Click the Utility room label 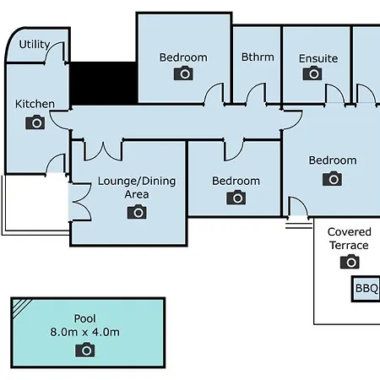coord(35,44)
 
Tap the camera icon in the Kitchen coord(35,122)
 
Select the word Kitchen coord(35,104)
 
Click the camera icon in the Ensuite coord(312,73)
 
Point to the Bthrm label coord(258,57)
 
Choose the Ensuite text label coord(318,58)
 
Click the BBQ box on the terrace coord(366,289)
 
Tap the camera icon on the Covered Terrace coord(350,262)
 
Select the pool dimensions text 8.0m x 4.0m coord(84,332)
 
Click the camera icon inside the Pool coord(85,350)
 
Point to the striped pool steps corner coord(21,307)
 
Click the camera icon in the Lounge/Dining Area coord(137,212)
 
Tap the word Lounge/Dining coord(137,181)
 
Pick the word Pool coord(84,318)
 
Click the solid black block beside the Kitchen coord(103,84)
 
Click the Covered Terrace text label coord(350,239)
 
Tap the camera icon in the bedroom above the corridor coord(183,73)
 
